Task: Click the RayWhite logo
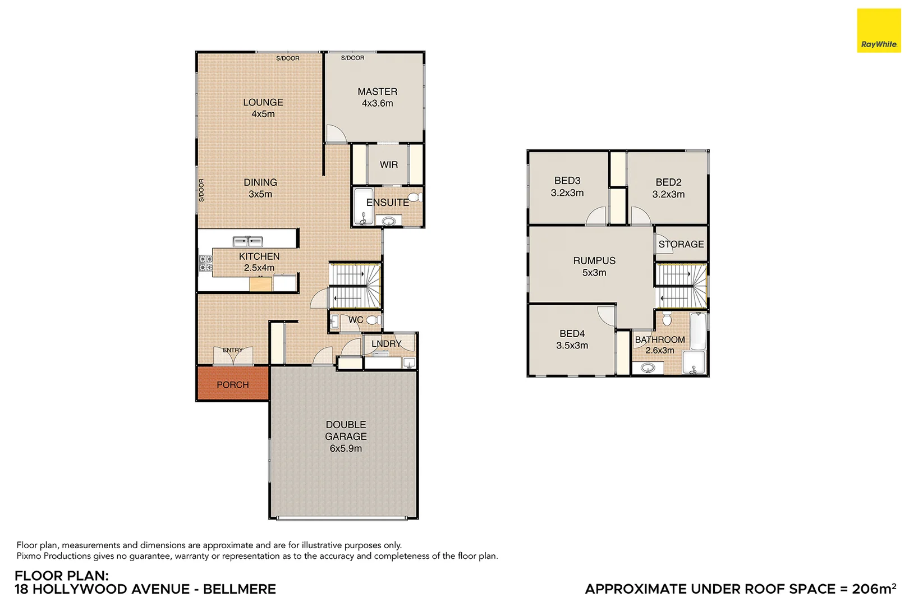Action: click(x=879, y=31)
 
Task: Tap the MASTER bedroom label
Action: click(x=377, y=91)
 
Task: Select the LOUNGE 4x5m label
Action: click(x=263, y=108)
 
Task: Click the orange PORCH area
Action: click(x=232, y=384)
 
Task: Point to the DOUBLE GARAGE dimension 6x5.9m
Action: click(x=346, y=448)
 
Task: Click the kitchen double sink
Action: click(x=247, y=241)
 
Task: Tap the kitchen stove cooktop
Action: click(x=206, y=264)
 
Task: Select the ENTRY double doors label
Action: click(x=232, y=350)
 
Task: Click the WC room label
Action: click(x=356, y=320)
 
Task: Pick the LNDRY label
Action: click(x=386, y=343)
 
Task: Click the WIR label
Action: click(x=388, y=164)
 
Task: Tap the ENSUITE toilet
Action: click(x=414, y=198)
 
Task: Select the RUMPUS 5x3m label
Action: click(x=594, y=267)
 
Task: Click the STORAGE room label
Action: click(x=681, y=244)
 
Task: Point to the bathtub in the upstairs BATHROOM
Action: click(x=697, y=331)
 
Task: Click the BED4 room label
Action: click(x=572, y=333)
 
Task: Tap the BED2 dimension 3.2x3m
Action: click(x=668, y=194)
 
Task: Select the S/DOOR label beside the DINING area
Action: click(x=201, y=190)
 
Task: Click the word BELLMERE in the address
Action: click(x=239, y=589)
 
